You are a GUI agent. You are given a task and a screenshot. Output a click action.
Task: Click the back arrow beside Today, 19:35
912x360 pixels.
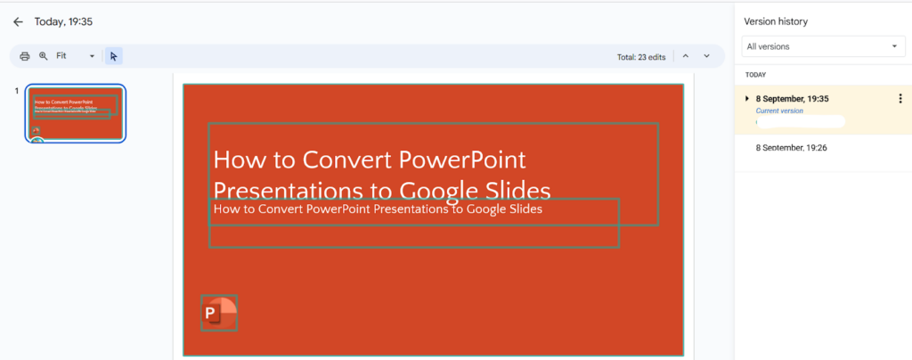click(18, 21)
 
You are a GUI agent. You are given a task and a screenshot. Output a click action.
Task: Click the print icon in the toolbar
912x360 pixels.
click(25, 56)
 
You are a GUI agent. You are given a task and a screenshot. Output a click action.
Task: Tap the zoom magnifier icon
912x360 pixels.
click(43, 56)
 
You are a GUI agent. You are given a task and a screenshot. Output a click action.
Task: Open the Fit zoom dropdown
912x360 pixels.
click(76, 56)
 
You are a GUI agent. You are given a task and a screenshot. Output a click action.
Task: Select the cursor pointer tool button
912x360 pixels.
click(113, 56)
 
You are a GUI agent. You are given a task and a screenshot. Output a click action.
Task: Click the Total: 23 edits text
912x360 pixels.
click(641, 57)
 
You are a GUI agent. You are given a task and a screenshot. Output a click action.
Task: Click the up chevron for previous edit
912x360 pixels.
click(686, 56)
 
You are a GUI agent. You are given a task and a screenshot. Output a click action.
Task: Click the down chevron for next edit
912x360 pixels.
click(707, 56)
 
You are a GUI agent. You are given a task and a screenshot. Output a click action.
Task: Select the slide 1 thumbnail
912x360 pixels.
click(76, 113)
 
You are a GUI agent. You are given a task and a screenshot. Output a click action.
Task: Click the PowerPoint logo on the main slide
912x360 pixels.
click(219, 313)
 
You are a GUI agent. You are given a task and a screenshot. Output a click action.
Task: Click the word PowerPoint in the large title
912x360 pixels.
click(462, 160)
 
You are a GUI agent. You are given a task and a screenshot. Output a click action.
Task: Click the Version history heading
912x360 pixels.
click(777, 21)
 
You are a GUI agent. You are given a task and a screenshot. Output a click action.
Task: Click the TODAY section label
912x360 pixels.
click(756, 75)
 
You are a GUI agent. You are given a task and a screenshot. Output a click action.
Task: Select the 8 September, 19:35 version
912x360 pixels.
click(793, 98)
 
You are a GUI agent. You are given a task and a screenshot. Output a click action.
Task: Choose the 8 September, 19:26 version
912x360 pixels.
click(792, 147)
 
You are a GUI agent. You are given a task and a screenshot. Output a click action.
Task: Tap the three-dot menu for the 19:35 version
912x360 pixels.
click(900, 99)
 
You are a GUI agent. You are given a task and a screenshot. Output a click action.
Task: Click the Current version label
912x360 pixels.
click(779, 110)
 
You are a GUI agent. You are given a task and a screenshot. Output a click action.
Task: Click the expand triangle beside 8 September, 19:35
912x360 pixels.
click(747, 98)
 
